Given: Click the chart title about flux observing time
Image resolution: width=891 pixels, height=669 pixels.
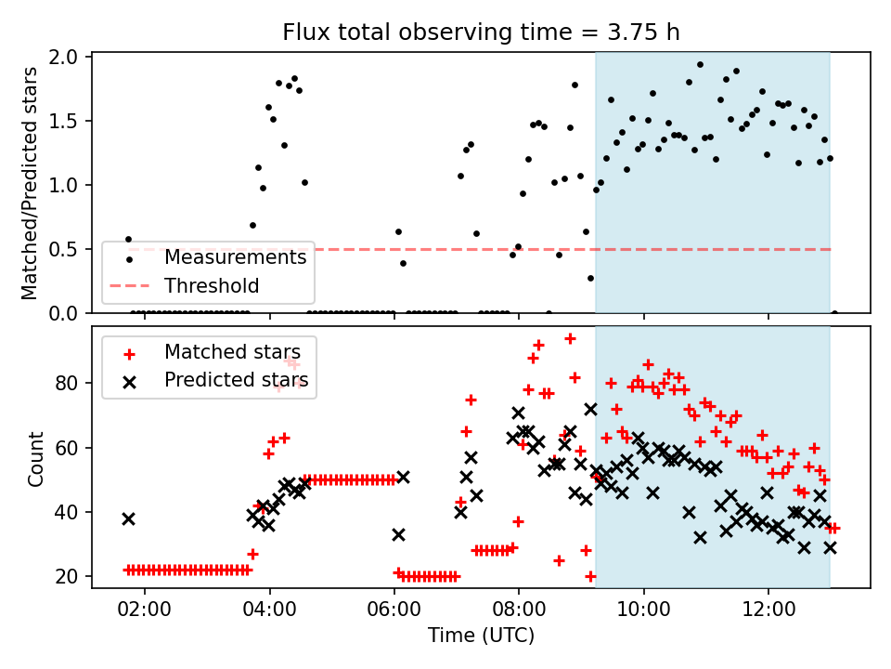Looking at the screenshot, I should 481,33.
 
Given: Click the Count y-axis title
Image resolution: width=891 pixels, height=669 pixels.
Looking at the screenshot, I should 36,458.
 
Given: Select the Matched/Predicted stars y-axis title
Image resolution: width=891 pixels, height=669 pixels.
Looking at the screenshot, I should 30,183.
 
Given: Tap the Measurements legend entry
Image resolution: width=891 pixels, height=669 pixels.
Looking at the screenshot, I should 235,257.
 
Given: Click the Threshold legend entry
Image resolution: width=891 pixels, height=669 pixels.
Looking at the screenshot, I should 212,285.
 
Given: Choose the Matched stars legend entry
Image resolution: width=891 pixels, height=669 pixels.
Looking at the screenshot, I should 239,351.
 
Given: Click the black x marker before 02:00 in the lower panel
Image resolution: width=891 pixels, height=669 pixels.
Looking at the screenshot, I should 128,518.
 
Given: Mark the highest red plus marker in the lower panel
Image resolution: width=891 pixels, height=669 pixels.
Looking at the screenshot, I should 570,338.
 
